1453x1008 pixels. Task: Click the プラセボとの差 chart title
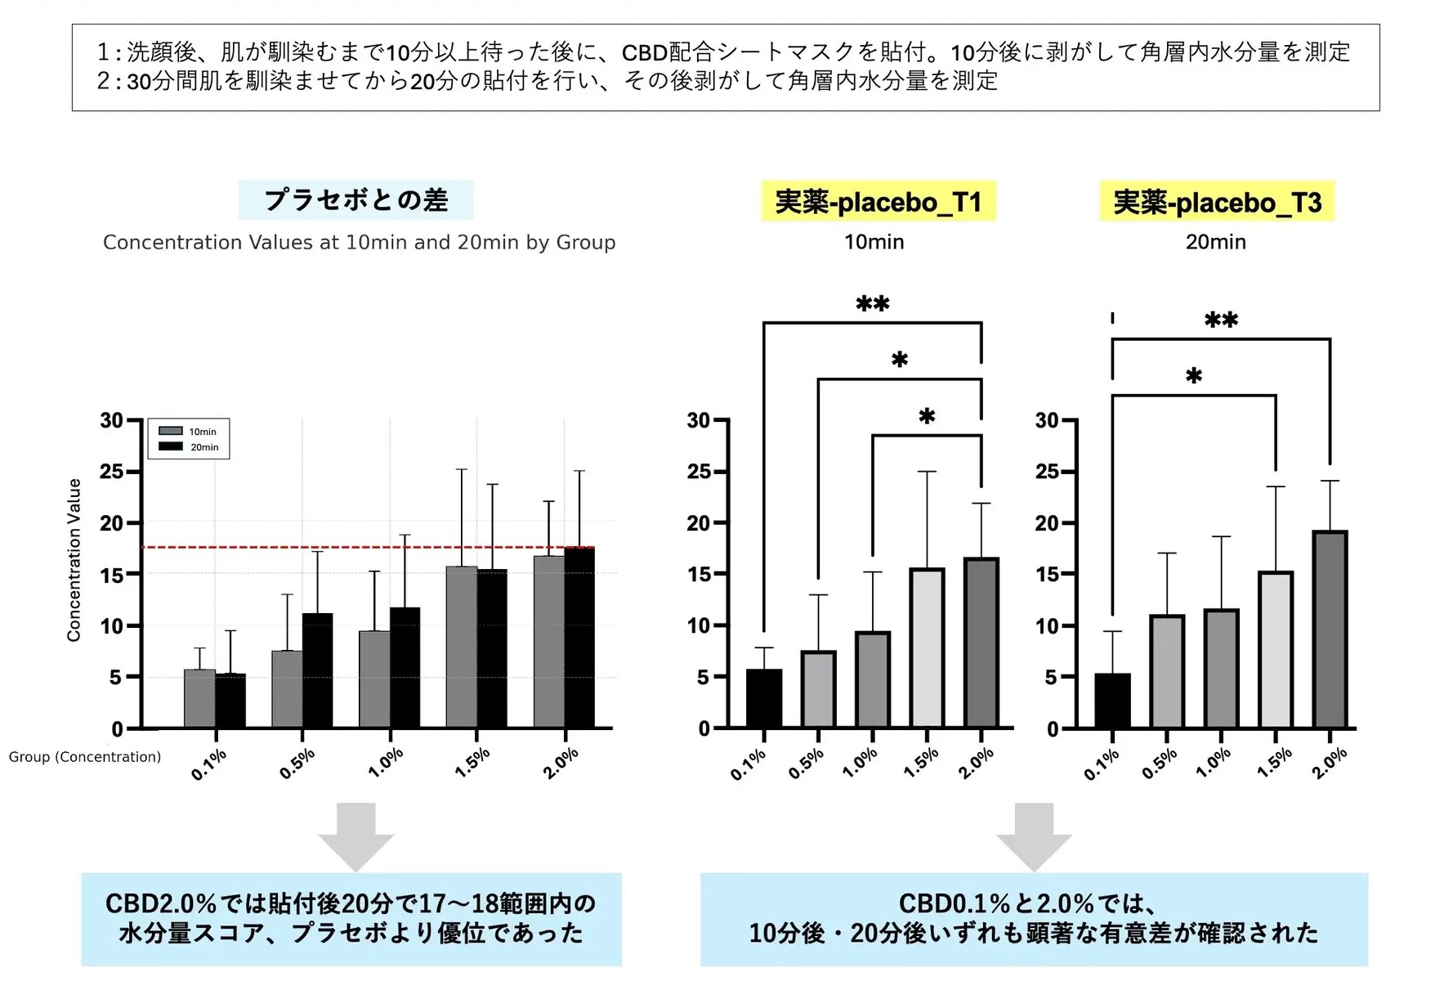click(x=355, y=200)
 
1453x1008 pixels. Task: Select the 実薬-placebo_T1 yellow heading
click(x=878, y=202)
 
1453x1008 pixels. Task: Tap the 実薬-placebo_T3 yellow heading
click(x=1216, y=202)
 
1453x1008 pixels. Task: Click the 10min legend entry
click(x=189, y=432)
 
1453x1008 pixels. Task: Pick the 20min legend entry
click(x=189, y=447)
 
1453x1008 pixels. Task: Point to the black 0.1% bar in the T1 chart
click(x=764, y=699)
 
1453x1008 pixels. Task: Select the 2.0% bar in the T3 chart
click(x=1330, y=629)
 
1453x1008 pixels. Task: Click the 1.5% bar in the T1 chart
click(x=927, y=647)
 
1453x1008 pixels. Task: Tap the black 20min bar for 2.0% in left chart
click(x=579, y=638)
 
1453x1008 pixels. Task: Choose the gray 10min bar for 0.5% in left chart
click(x=287, y=689)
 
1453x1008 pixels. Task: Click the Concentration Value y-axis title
click(x=74, y=560)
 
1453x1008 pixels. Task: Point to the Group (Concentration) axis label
click(x=85, y=757)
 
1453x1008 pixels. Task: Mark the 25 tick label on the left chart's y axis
click(x=112, y=472)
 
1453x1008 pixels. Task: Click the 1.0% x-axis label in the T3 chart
click(x=1214, y=763)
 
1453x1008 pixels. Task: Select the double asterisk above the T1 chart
click(x=873, y=305)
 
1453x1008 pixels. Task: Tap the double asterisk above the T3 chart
click(x=1221, y=320)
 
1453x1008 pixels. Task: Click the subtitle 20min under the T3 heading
click(x=1215, y=242)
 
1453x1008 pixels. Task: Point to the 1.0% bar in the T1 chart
click(x=872, y=679)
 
